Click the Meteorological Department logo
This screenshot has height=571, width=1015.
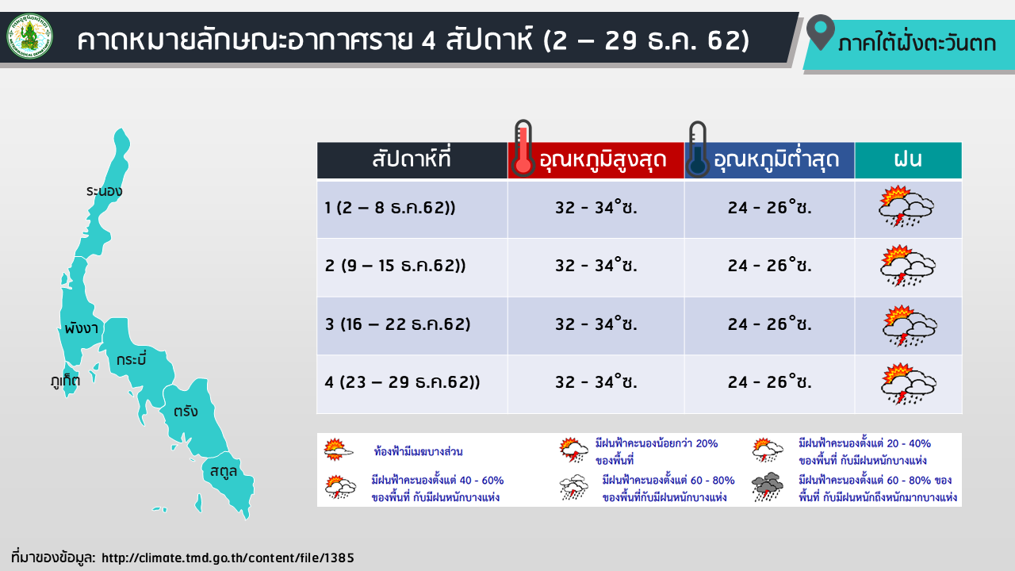29,36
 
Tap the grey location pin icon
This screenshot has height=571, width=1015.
821,33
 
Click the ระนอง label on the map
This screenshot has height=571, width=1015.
104,191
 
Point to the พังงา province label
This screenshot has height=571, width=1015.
81,328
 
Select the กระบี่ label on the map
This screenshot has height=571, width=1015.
132,359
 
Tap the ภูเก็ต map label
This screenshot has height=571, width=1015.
65,380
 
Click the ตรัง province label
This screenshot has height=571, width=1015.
186,411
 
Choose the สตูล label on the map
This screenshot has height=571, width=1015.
224,472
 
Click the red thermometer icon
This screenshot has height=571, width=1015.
523,148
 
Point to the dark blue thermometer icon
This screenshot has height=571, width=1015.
697,149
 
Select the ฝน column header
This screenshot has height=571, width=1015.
908,160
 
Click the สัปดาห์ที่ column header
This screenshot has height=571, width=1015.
412,160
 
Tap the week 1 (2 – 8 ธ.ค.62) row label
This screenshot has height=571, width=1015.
390,208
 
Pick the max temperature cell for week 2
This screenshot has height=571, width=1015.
596,266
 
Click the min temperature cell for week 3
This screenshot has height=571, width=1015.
769,324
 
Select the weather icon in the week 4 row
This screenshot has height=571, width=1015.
909,383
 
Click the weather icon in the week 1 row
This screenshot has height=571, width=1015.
906,206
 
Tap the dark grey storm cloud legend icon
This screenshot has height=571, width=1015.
767,487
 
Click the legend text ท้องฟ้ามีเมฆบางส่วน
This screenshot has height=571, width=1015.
418,451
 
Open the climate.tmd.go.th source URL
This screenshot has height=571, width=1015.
228,558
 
